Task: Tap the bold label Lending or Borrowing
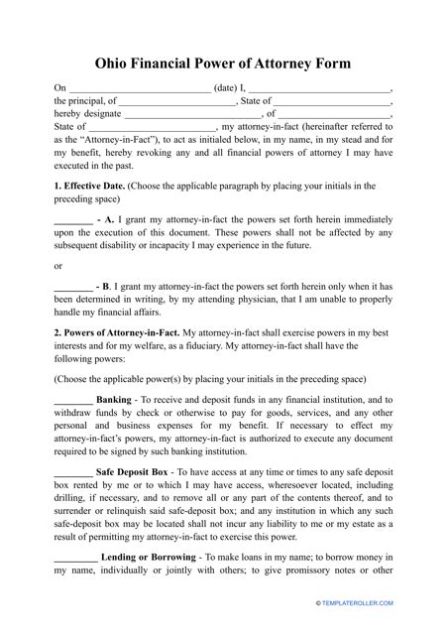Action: click(x=146, y=560)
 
